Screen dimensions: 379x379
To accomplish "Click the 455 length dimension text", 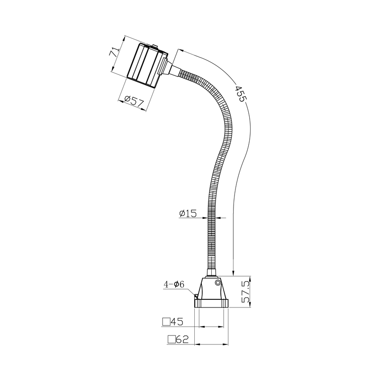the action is (241, 93).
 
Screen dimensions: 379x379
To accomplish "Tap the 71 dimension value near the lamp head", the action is (115, 52).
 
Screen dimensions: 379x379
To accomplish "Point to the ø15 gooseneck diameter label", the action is (188, 214).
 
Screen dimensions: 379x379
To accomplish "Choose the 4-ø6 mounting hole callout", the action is (174, 284).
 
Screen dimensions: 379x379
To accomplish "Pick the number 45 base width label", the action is (177, 322).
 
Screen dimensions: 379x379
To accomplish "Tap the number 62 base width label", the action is (182, 339).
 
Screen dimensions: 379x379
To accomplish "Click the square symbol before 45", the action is (166, 322).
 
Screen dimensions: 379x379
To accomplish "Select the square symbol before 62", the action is (171, 340).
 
